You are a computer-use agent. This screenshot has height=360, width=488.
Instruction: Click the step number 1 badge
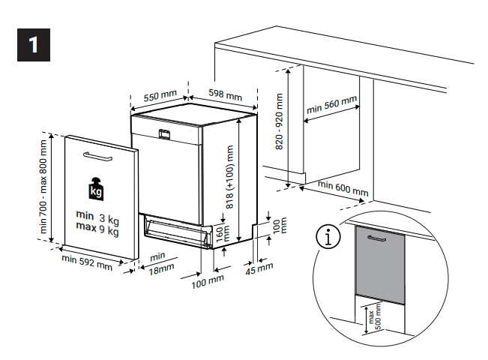(32, 44)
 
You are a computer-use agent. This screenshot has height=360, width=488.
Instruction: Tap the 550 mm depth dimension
(160, 96)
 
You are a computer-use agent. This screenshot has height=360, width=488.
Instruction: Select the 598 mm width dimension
(225, 96)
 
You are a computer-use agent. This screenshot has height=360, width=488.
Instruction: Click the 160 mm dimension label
(220, 234)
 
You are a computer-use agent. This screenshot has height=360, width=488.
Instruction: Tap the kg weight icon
(96, 189)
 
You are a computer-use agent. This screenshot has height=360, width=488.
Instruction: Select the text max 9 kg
(97, 231)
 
